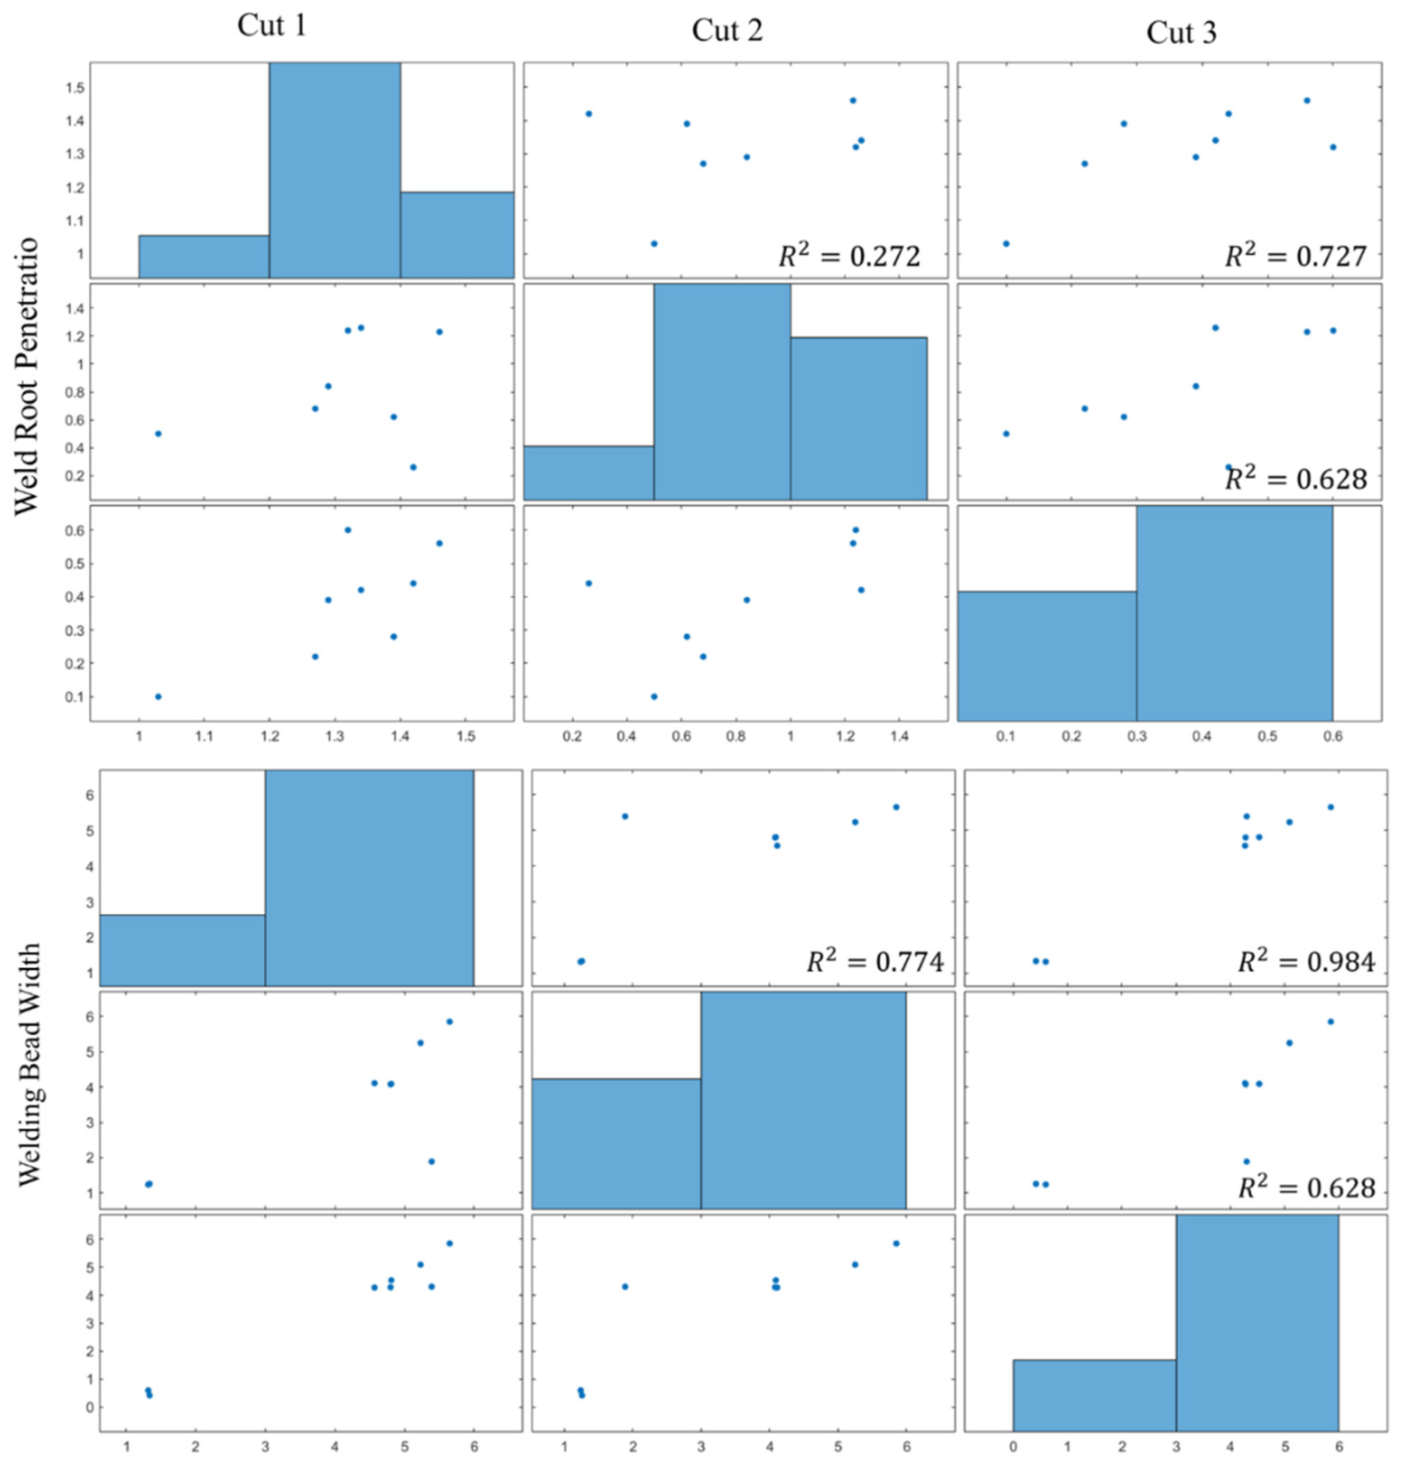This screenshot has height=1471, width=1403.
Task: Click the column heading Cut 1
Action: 272,26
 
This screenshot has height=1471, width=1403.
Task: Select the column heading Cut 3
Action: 1181,33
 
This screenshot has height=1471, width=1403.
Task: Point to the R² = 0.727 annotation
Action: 1295,256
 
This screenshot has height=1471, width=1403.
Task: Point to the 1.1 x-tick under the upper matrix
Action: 204,737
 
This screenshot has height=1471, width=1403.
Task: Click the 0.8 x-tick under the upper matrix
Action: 736,737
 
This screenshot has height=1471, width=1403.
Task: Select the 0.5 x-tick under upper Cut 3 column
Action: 1267,737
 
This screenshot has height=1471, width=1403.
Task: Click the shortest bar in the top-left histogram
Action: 203,256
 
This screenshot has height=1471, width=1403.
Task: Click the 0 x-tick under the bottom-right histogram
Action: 1013,1447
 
